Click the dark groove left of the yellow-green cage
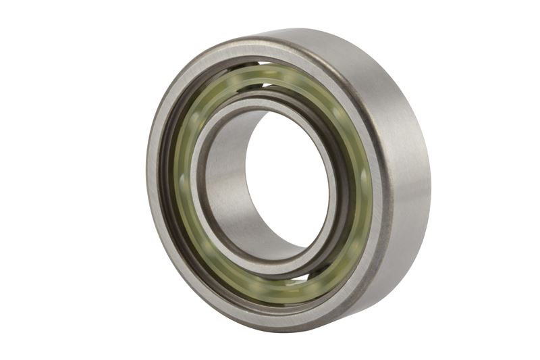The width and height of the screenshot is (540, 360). [169, 182]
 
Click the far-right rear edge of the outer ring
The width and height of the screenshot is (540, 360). [428, 169]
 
